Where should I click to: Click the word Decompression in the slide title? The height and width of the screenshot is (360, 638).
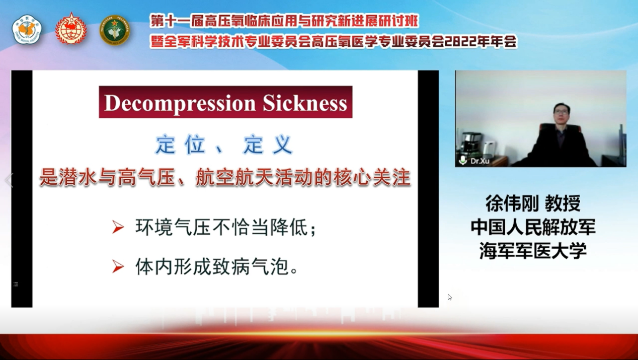[180, 103]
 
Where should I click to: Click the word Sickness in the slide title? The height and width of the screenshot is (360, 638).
[305, 103]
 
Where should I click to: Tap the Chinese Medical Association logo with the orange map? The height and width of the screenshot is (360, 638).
[27, 30]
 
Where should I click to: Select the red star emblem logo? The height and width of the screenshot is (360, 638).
[71, 29]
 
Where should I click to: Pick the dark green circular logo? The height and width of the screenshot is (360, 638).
[115, 30]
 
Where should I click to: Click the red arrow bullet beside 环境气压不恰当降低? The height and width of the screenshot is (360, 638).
[118, 227]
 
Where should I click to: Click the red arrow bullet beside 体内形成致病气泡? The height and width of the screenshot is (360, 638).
[118, 266]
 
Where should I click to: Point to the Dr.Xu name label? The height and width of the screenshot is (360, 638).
[480, 161]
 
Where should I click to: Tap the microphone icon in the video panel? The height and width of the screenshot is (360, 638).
[463, 160]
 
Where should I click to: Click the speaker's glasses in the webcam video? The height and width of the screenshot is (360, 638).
[561, 112]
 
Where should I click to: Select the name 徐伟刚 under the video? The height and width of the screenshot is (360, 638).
[512, 203]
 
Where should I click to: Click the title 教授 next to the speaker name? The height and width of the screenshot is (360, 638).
[563, 203]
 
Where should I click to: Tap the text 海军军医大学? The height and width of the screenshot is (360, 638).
[533, 251]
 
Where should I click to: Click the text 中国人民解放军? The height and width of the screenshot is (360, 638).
[533, 227]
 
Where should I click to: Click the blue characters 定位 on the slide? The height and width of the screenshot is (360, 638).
[181, 145]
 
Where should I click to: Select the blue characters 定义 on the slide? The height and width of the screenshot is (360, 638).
[268, 145]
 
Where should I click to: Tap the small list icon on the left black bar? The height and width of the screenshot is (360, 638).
[16, 284]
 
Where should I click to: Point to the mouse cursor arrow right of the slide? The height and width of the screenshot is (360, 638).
[449, 297]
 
